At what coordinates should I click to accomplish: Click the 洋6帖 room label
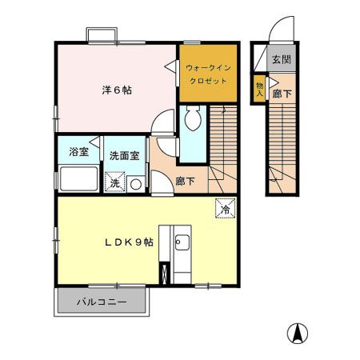click(117, 90)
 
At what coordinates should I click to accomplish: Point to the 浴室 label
click(78, 152)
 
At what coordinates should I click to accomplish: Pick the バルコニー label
click(102, 303)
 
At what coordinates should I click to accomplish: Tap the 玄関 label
click(280, 60)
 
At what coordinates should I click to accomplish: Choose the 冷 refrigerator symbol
click(225, 208)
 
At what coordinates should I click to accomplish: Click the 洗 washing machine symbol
click(114, 183)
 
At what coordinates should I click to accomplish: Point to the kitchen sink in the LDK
click(182, 242)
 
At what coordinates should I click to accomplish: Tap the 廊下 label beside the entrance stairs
click(280, 94)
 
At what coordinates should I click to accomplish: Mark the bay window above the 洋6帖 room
click(100, 34)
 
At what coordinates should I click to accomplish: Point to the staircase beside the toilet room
click(222, 144)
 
